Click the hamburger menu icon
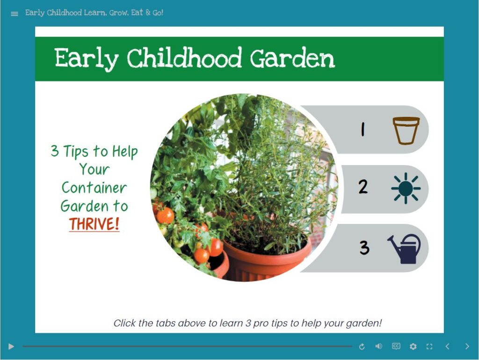[x=15, y=14]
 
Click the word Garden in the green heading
[x=292, y=59]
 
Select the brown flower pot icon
[x=406, y=130]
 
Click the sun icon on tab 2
[x=406, y=188]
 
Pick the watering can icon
[x=405, y=249]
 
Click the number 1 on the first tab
[x=363, y=130]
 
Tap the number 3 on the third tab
[x=364, y=247]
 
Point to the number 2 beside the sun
[x=363, y=187]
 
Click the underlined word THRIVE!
[x=94, y=224]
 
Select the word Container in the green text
[x=94, y=188]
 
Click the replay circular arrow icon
[x=362, y=346]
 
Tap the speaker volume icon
[x=378, y=346]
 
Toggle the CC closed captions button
[x=396, y=346]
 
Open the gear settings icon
[x=413, y=346]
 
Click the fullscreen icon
[x=429, y=346]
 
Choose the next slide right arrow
[x=467, y=346]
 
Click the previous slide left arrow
[x=447, y=346]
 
